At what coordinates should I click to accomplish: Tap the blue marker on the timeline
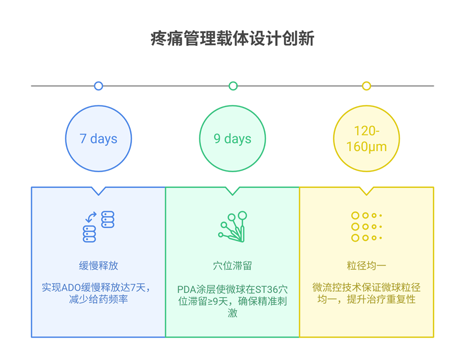99,86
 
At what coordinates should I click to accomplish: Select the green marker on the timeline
233,86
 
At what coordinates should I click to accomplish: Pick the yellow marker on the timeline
367,86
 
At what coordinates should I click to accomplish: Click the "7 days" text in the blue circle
99,139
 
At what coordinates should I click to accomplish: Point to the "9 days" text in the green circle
233,139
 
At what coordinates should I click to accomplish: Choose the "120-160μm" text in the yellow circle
367,139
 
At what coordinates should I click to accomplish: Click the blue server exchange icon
99,226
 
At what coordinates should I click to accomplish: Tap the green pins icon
233,226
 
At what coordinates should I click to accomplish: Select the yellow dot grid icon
367,226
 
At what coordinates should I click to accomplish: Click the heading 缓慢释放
99,266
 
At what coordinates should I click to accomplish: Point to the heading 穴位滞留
233,266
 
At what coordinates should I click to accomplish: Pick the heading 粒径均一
367,266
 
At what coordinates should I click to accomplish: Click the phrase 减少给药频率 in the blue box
99,300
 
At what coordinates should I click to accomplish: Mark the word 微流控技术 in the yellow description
334,287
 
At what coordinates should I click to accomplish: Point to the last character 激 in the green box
233,313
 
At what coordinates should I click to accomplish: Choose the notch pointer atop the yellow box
367,191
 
